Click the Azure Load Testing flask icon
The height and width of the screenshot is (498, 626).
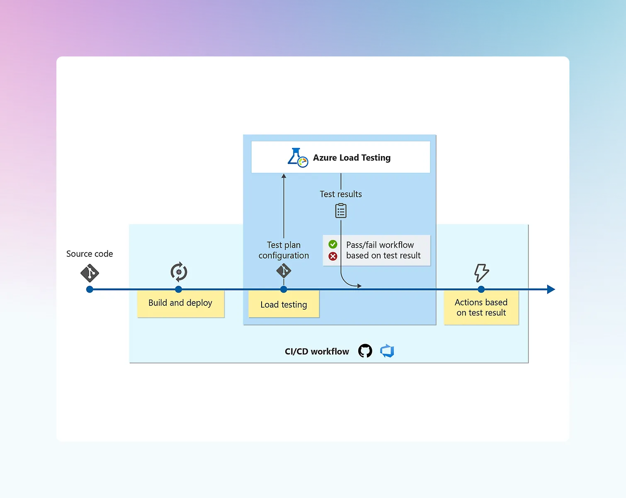click(x=297, y=158)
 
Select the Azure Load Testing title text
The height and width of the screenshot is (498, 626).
click(x=352, y=158)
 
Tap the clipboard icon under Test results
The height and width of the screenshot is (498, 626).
click(x=341, y=211)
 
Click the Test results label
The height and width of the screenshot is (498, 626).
click(x=341, y=194)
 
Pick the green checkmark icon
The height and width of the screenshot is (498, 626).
click(x=333, y=244)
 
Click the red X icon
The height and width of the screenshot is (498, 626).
click(x=333, y=256)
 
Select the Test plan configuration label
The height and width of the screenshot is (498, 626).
click(x=284, y=250)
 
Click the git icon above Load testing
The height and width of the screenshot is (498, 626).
click(x=284, y=271)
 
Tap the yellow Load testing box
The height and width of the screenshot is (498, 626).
click(x=284, y=305)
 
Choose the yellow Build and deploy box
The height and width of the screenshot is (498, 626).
click(x=180, y=303)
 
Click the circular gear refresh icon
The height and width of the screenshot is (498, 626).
click(x=179, y=272)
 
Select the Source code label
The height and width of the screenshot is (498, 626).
click(x=90, y=254)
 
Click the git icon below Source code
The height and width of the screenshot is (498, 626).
click(x=90, y=273)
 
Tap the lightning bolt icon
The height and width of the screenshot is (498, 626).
click(x=481, y=273)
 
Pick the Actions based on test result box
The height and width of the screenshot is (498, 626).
click(x=481, y=308)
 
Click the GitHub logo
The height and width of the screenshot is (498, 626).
click(x=365, y=351)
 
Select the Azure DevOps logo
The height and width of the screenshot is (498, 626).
click(x=387, y=351)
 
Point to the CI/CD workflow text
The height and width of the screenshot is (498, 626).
click(x=317, y=352)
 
